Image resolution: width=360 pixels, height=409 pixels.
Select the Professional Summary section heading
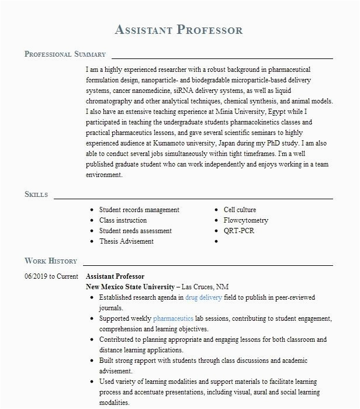(x=65, y=54)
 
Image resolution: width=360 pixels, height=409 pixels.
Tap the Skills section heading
(x=36, y=195)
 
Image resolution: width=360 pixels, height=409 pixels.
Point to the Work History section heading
(x=51, y=261)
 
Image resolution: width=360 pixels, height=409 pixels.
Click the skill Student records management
(x=139, y=210)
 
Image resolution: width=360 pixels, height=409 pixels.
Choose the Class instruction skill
(x=123, y=220)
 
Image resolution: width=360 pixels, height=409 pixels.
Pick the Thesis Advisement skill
(x=126, y=241)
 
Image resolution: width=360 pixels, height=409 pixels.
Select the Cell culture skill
(x=240, y=210)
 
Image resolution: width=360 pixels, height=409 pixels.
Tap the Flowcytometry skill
(x=246, y=220)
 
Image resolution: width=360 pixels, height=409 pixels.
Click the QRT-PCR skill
(x=239, y=231)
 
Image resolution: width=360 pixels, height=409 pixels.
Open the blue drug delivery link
(x=203, y=297)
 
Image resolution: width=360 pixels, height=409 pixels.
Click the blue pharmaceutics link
(x=173, y=318)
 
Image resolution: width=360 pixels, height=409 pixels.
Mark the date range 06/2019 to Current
(x=51, y=276)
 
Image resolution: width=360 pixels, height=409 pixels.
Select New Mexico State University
(x=130, y=287)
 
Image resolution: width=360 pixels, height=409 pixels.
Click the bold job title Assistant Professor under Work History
(x=115, y=276)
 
